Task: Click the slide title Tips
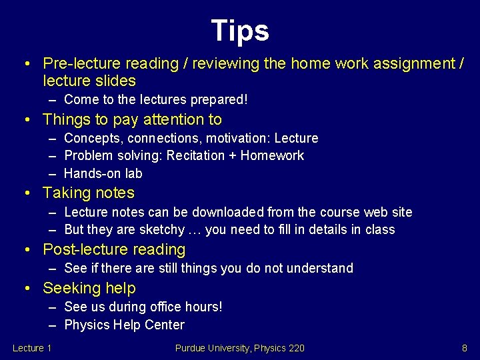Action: pyautogui.click(x=240, y=31)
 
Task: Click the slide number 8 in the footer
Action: pyautogui.click(x=464, y=347)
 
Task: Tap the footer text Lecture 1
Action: pyautogui.click(x=33, y=347)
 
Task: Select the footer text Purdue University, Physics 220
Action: pyautogui.click(x=240, y=347)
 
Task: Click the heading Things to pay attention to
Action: pyautogui.click(x=132, y=120)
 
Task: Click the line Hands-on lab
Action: pyautogui.click(x=103, y=173)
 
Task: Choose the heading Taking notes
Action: pyautogui.click(x=89, y=193)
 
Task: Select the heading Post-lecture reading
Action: pyautogui.click(x=114, y=250)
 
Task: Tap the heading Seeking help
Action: pyautogui.click(x=89, y=289)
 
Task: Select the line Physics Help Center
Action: pyautogui.click(x=125, y=325)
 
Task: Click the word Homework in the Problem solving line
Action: pyautogui.click(x=272, y=156)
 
